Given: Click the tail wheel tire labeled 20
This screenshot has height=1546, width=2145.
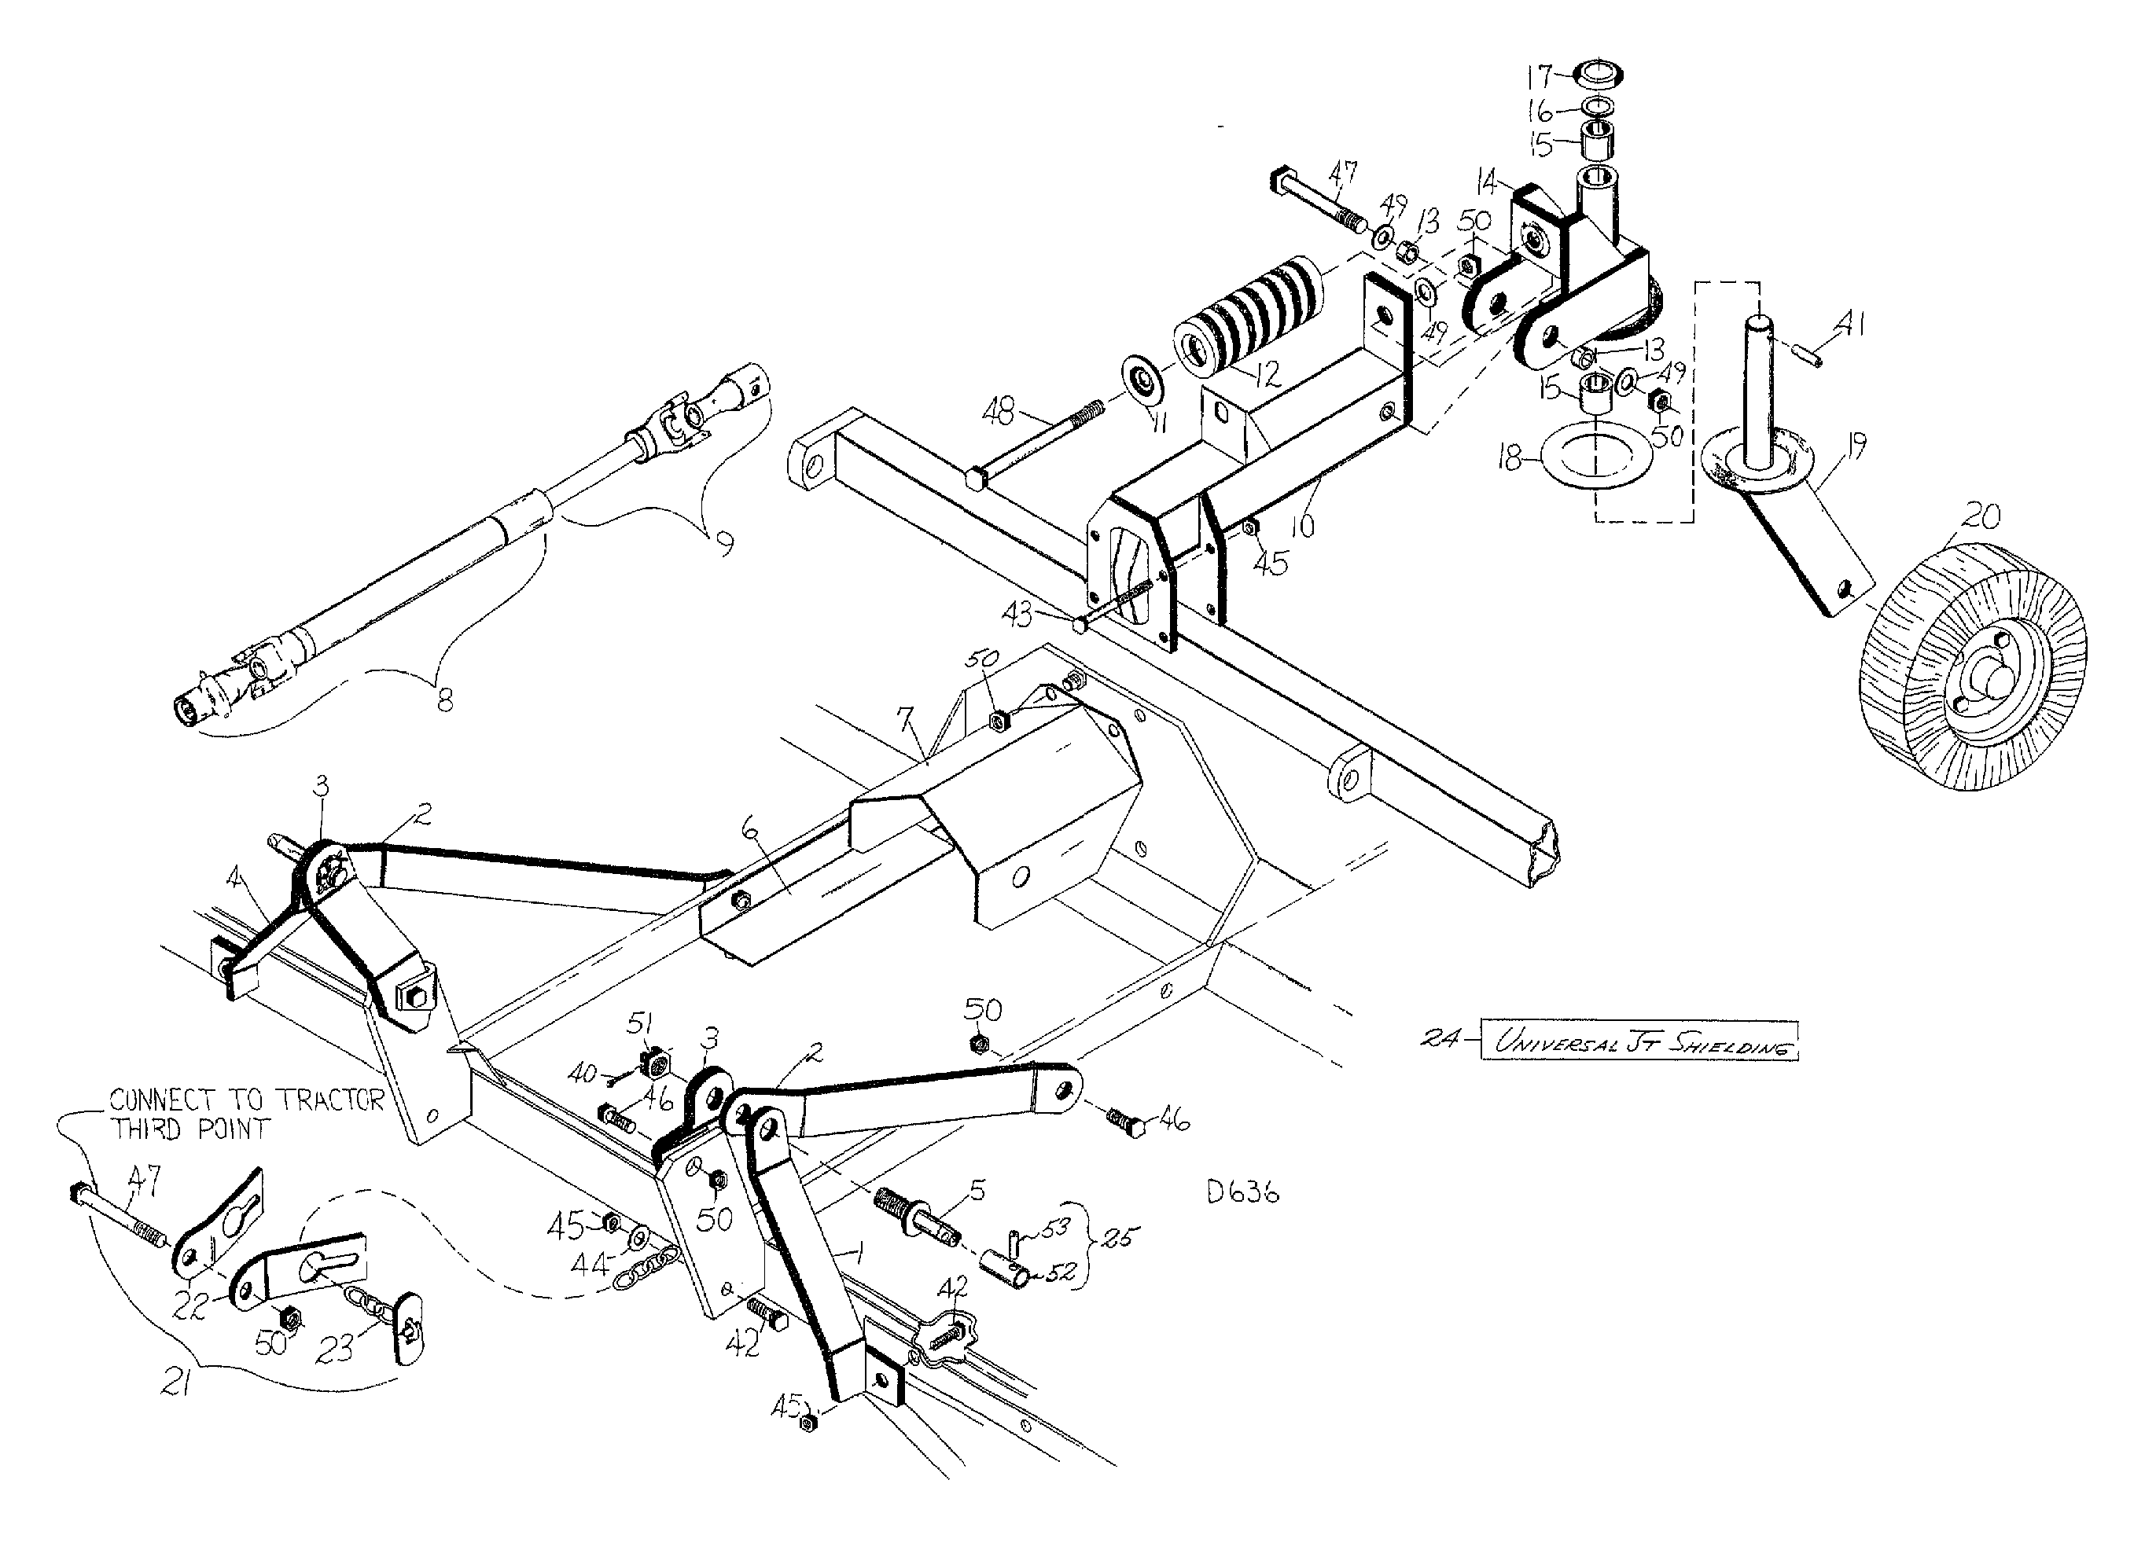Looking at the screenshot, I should click(x=1972, y=667).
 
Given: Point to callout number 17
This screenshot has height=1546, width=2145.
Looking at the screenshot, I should click(x=1540, y=75).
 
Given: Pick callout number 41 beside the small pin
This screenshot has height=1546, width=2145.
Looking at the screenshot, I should click(x=1849, y=326).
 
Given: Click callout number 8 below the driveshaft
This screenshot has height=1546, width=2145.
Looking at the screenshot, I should click(x=443, y=700).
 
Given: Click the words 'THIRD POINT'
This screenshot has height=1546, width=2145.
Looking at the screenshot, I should click(x=191, y=1129).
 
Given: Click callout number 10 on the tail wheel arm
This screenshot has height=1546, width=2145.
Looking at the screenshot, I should click(x=1302, y=525).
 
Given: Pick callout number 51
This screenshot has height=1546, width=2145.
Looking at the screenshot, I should click(x=642, y=1023).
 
